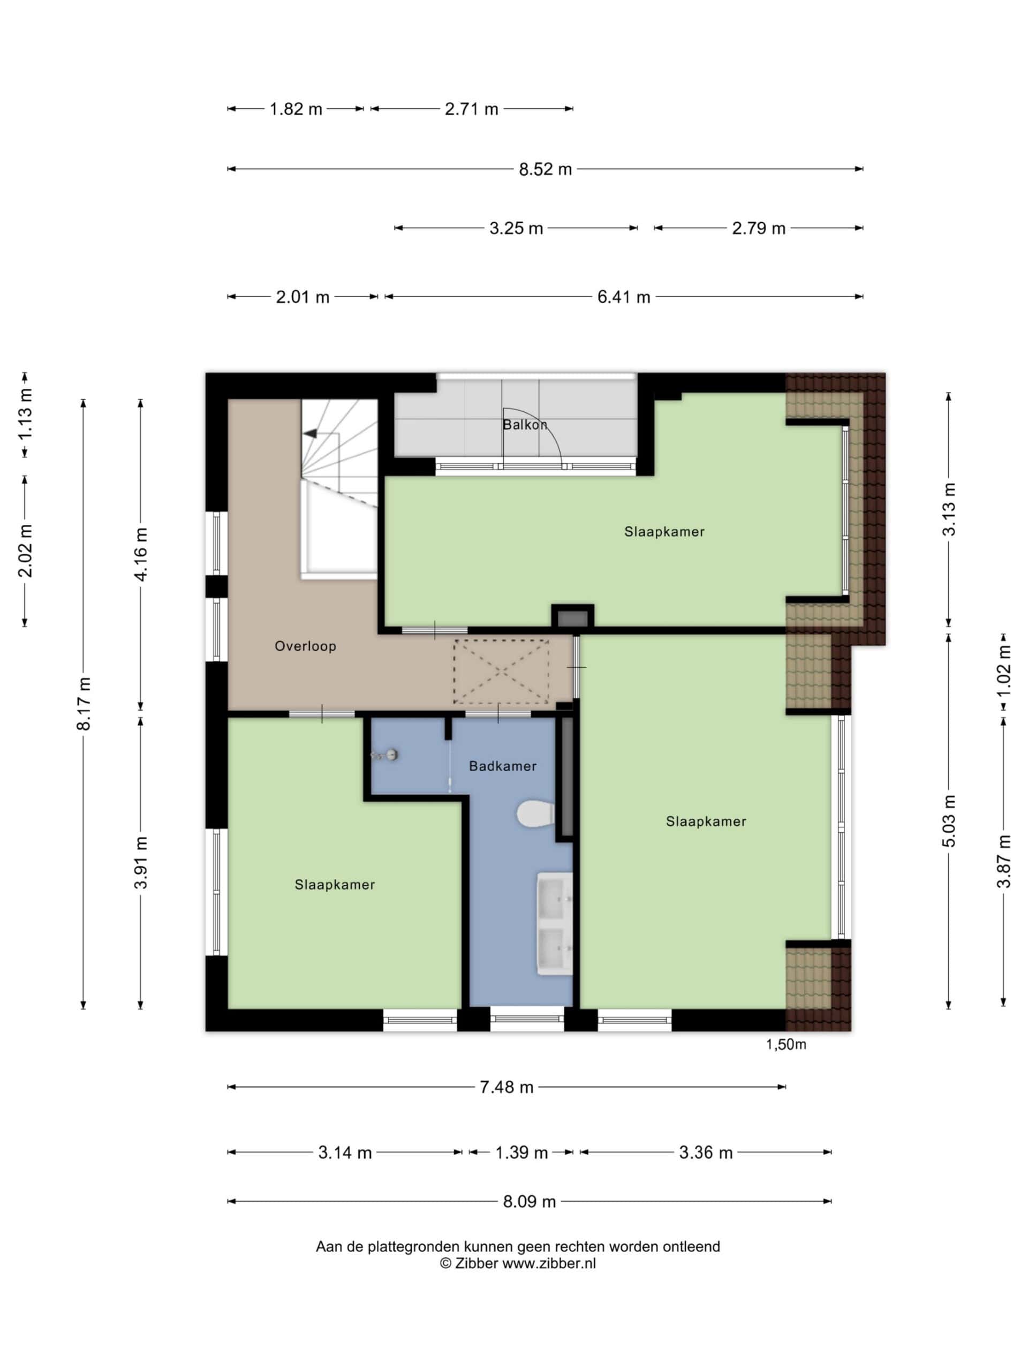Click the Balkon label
(524, 425)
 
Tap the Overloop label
(306, 646)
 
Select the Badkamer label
(503, 766)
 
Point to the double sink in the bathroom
(554, 923)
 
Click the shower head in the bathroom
(386, 755)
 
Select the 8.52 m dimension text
(545, 169)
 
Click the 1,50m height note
(785, 1044)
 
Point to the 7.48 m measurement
(507, 1087)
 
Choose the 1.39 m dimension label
(521, 1153)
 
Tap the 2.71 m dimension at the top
(472, 109)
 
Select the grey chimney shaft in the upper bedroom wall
(572, 618)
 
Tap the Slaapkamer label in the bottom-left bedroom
(335, 885)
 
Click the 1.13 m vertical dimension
(25, 415)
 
